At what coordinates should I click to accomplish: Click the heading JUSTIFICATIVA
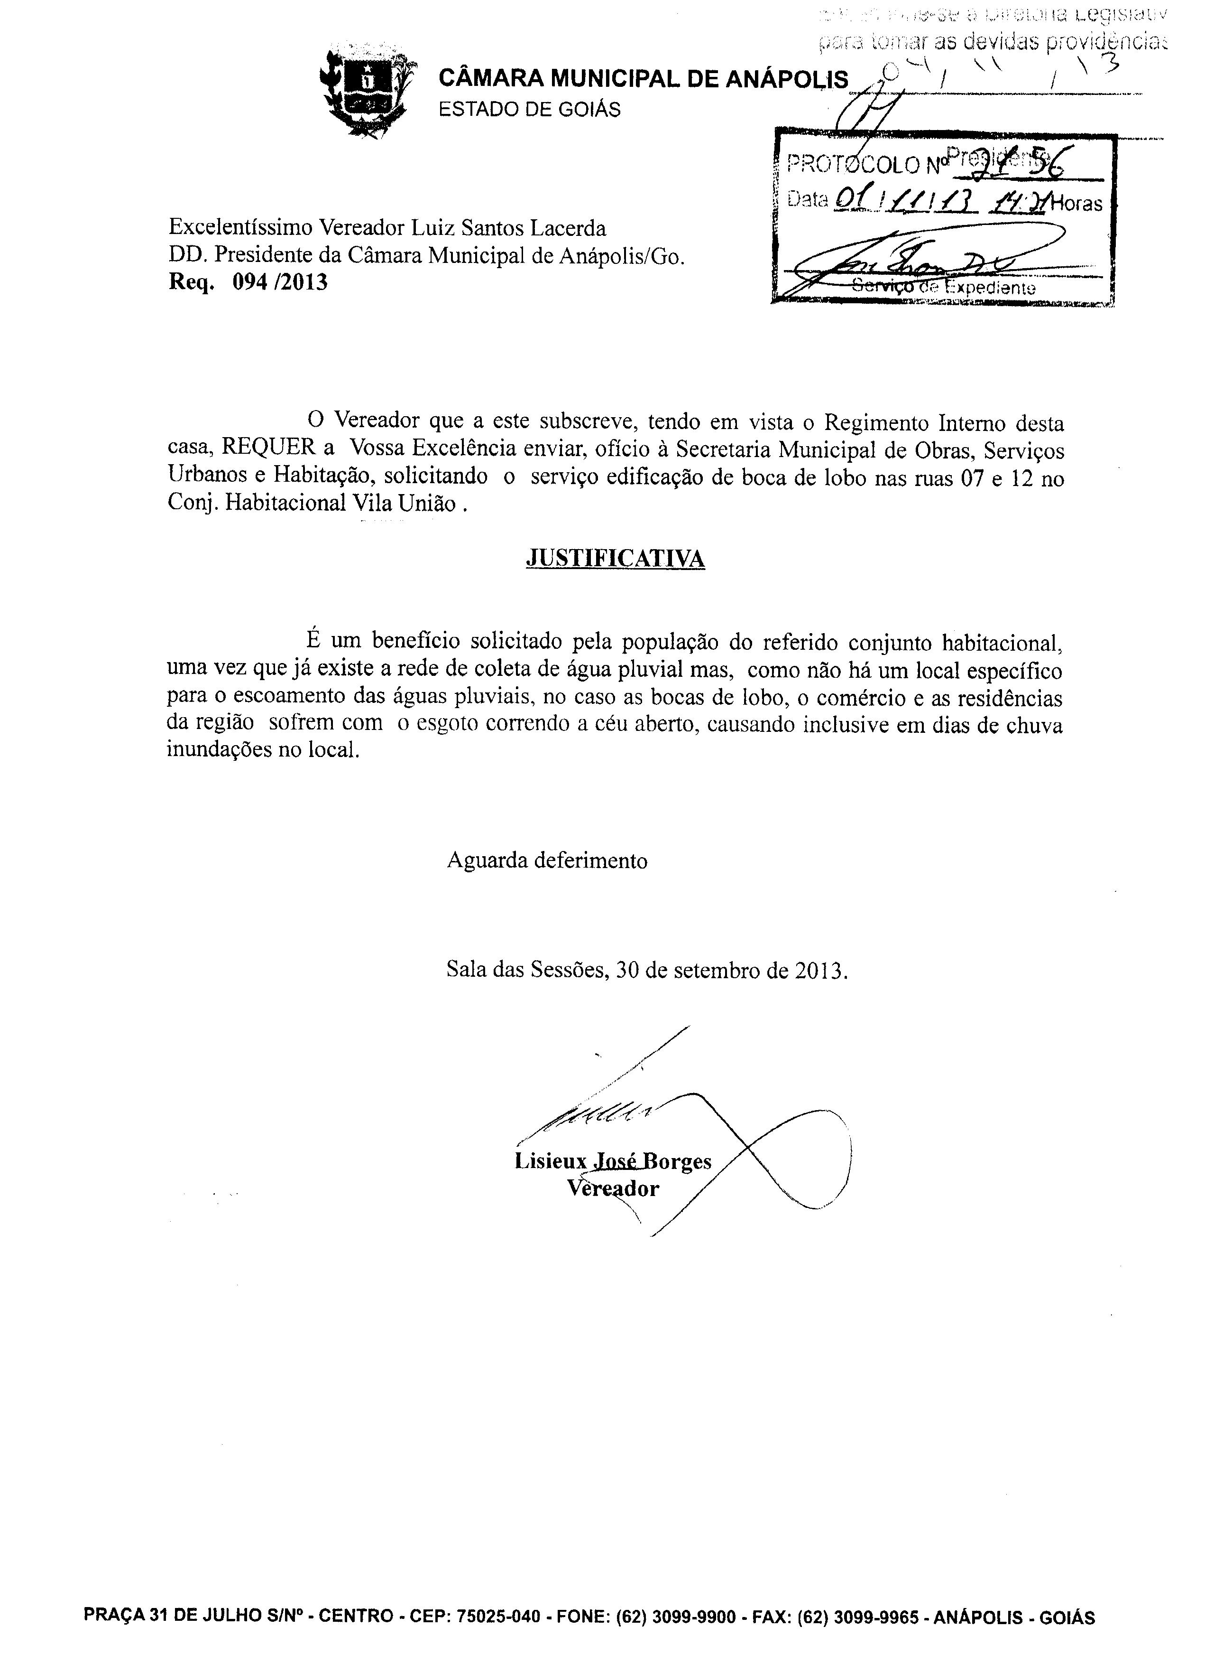click(615, 559)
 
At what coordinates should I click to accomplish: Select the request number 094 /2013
click(280, 283)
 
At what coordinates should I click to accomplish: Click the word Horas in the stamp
click(1078, 204)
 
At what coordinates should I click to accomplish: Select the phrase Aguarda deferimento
click(547, 861)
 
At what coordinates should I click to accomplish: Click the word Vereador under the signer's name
click(613, 1189)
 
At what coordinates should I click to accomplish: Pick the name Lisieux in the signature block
click(551, 1162)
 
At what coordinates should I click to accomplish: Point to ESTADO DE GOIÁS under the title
click(529, 110)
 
